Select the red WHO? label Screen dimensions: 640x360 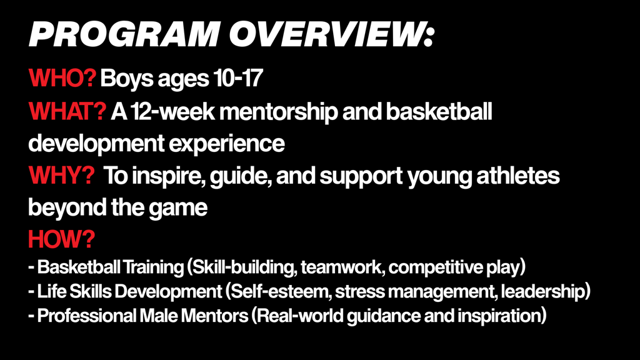tap(62, 78)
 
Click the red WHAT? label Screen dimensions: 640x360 tap(67, 111)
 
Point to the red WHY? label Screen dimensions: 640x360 tap(61, 176)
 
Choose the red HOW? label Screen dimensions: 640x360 tap(61, 239)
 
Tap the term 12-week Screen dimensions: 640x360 tap(172, 111)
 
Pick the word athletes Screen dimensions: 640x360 tap(518, 176)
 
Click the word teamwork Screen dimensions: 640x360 tap(343, 267)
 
